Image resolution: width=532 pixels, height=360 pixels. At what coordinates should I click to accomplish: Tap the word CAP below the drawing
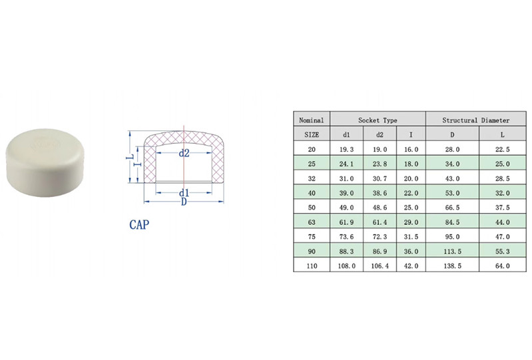(138, 225)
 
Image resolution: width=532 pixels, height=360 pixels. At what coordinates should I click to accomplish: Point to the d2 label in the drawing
(184, 153)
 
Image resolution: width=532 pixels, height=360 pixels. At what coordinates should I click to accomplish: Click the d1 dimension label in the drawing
(184, 193)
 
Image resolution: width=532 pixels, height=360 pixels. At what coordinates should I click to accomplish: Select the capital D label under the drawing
(184, 202)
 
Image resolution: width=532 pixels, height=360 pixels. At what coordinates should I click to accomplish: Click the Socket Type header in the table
(378, 120)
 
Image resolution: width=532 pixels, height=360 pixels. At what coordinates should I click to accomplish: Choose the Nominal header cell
(312, 120)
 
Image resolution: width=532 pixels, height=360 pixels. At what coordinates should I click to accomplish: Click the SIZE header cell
(312, 134)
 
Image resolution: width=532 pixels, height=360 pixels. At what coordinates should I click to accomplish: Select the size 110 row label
(312, 266)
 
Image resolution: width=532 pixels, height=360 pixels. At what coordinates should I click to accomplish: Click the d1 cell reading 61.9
(346, 222)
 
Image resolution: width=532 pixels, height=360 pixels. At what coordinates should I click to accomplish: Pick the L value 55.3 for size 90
(502, 252)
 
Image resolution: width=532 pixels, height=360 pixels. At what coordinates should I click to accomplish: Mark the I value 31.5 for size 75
(411, 237)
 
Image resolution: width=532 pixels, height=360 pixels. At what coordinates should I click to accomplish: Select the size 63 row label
(312, 222)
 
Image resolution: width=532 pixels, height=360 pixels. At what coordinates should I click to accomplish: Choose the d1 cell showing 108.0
(346, 266)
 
